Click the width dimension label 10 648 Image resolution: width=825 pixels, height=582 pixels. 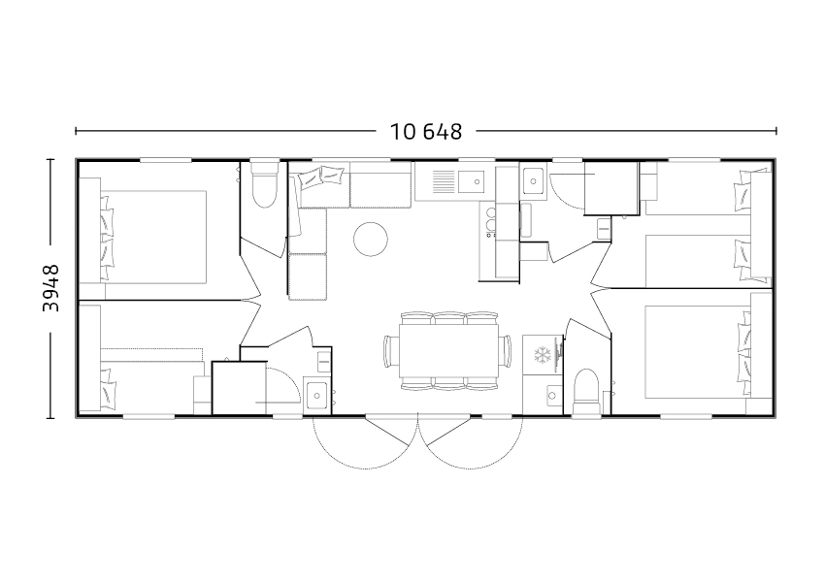[426, 132]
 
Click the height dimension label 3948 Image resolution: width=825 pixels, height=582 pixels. [51, 288]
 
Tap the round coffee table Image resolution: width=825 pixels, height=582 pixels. [371, 240]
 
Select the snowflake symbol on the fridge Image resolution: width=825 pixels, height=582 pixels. [542, 355]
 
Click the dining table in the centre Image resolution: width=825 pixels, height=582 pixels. [448, 351]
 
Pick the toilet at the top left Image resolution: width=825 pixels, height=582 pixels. [264, 184]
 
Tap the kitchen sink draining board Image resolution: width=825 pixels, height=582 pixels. [444, 182]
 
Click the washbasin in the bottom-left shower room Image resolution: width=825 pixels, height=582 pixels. [316, 395]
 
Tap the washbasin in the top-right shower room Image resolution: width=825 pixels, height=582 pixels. [534, 181]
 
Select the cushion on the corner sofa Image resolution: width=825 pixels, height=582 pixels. [322, 178]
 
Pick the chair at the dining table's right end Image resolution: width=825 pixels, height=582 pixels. [506, 351]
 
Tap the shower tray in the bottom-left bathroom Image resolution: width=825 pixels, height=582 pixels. [240, 388]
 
